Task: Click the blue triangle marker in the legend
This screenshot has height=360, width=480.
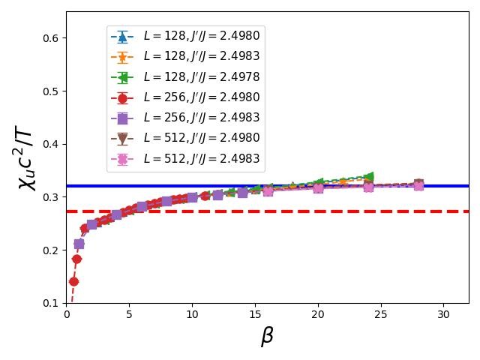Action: [122, 36]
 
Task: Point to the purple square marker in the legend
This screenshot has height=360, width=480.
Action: [122, 118]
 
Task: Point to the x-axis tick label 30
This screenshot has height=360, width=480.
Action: [443, 314]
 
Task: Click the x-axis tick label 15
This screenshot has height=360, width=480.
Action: [255, 314]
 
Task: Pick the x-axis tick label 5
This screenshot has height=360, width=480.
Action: [129, 314]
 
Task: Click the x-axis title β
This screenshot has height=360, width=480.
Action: [267, 337]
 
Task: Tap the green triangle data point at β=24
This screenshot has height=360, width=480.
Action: [368, 177]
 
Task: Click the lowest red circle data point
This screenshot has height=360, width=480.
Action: [73, 282]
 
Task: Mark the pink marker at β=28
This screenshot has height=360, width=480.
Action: [418, 185]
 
